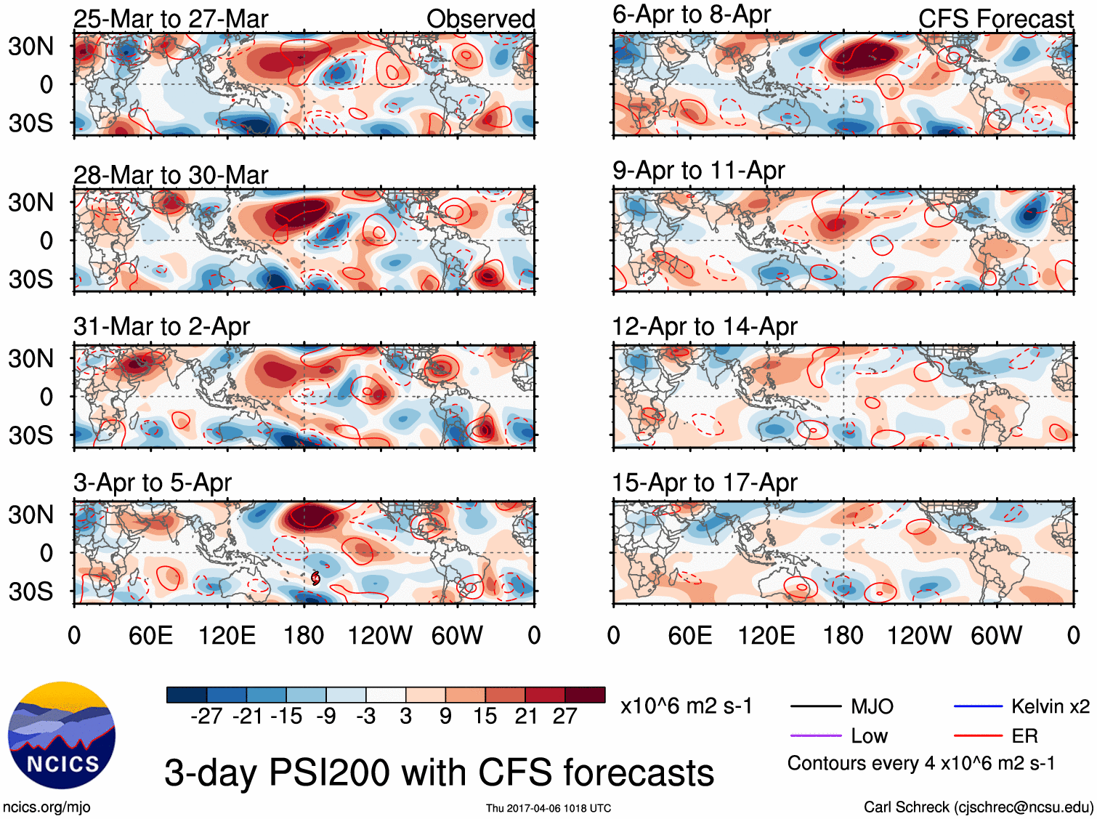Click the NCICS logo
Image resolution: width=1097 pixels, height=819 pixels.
coord(62,735)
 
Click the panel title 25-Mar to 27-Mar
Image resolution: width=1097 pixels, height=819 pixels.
coord(171,19)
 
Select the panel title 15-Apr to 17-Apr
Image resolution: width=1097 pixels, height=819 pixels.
coord(705,483)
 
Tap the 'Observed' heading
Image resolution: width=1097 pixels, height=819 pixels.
coord(480,19)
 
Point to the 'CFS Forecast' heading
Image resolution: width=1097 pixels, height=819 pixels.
coord(995,19)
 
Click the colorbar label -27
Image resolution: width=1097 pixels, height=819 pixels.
coord(206,717)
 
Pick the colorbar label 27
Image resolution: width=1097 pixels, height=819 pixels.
coord(564,717)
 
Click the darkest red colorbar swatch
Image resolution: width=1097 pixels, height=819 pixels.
coord(585,695)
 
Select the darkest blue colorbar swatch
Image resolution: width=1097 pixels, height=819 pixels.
coord(187,695)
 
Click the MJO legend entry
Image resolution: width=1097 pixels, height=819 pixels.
coord(872,706)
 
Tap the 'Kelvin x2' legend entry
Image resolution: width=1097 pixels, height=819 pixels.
coord(1050,706)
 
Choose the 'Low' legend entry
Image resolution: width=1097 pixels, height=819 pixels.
coord(869,736)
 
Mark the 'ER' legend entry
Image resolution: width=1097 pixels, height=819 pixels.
coord(1024,736)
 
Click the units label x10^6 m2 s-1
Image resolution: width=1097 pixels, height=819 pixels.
coord(686,706)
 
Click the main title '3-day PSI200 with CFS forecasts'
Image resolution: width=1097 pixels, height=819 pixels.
coord(439,772)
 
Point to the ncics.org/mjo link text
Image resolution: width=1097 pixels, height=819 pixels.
coord(46,807)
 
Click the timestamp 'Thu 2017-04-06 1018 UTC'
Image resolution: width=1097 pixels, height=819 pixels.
coord(548,808)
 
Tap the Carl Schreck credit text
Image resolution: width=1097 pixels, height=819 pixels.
coord(978,807)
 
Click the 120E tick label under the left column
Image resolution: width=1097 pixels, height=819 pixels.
coord(227,636)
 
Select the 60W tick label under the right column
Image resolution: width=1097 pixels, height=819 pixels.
coord(996,636)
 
